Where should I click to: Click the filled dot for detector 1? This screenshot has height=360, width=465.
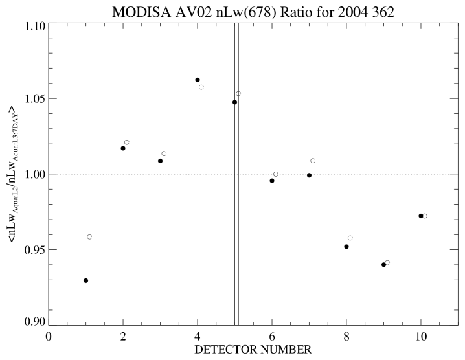(85, 280)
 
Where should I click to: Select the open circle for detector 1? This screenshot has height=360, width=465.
(89, 237)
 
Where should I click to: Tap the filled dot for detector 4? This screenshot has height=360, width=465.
(198, 80)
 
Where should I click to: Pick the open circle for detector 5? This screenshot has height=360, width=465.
(238, 94)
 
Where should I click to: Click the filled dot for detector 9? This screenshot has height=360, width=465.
(383, 264)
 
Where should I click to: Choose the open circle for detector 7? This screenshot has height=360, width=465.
(313, 161)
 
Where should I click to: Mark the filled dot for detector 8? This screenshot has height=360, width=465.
(346, 247)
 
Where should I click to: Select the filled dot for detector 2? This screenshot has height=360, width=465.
(123, 148)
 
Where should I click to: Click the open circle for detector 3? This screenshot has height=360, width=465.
(164, 153)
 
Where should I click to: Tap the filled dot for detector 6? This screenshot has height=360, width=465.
(272, 181)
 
